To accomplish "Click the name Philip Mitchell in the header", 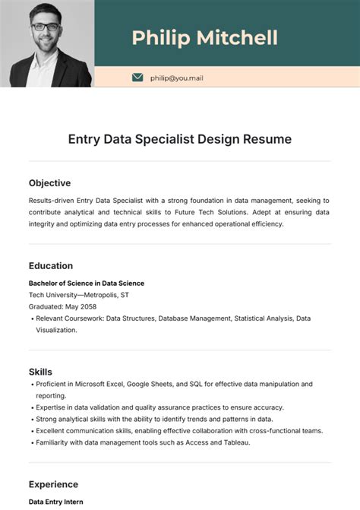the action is (x=204, y=37).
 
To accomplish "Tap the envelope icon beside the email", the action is (x=137, y=78).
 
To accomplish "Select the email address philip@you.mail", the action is (x=177, y=78).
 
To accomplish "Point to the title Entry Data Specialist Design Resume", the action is (x=180, y=140).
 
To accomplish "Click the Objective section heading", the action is (x=49, y=183).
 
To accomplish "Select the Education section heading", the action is (x=51, y=266).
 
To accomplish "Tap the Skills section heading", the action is (x=40, y=372).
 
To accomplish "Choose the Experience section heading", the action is (x=53, y=484).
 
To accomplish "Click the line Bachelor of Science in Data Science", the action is (x=86, y=284).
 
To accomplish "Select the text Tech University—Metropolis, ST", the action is (x=79, y=295).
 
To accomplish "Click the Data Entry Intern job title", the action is (x=55, y=502).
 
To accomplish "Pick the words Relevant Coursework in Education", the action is (x=70, y=318).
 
